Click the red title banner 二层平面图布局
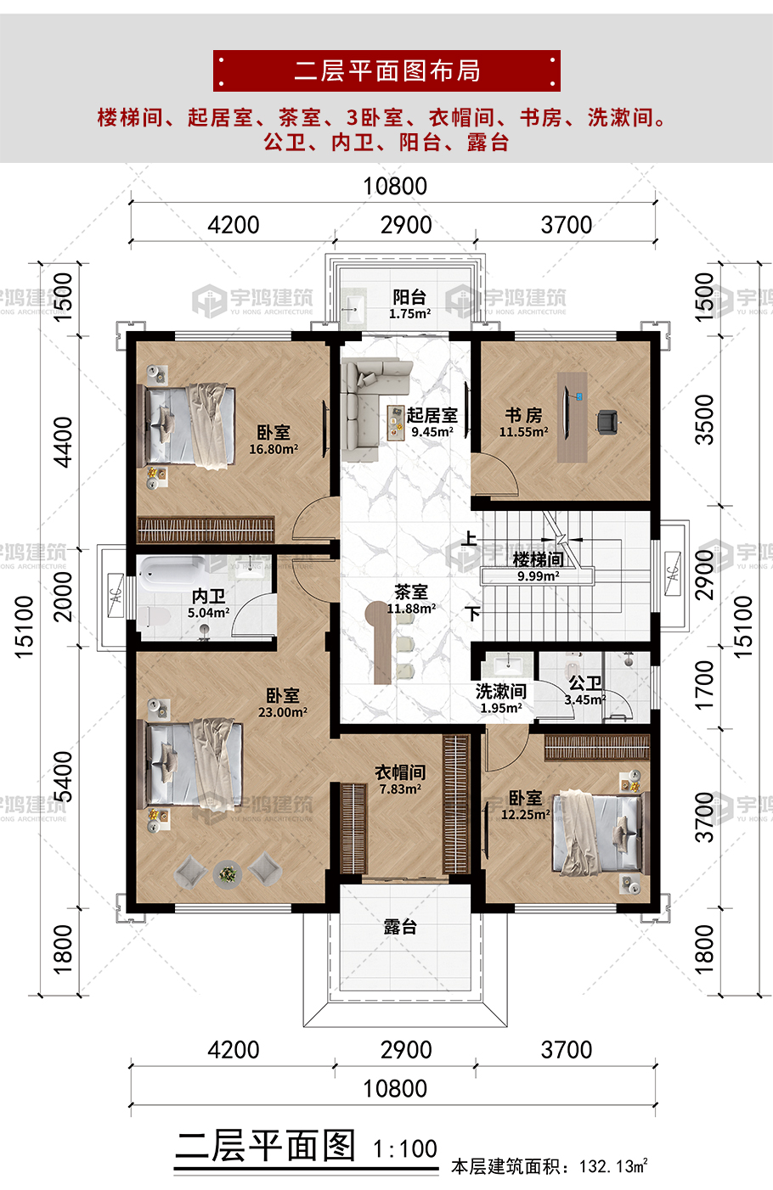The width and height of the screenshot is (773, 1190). (x=386, y=70)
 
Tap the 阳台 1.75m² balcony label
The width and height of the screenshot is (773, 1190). (x=409, y=304)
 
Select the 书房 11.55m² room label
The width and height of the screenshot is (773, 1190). (x=523, y=422)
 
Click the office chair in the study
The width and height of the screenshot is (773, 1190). (x=607, y=421)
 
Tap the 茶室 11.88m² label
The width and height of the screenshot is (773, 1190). (x=411, y=598)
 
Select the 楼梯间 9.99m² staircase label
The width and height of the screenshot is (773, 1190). (x=538, y=566)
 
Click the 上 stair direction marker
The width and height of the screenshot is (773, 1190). (x=469, y=538)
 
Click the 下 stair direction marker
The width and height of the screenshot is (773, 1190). (x=473, y=613)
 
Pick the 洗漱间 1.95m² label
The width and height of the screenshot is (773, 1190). (x=501, y=699)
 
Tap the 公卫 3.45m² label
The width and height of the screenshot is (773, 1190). (x=584, y=691)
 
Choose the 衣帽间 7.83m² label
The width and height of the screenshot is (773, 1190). (x=400, y=779)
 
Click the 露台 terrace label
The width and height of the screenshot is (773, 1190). (x=400, y=927)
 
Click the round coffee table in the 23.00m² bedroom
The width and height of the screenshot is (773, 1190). (x=227, y=872)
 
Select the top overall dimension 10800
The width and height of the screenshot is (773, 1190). (x=395, y=186)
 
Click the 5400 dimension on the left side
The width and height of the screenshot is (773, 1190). (x=63, y=776)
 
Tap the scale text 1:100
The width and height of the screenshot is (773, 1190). (x=405, y=1149)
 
